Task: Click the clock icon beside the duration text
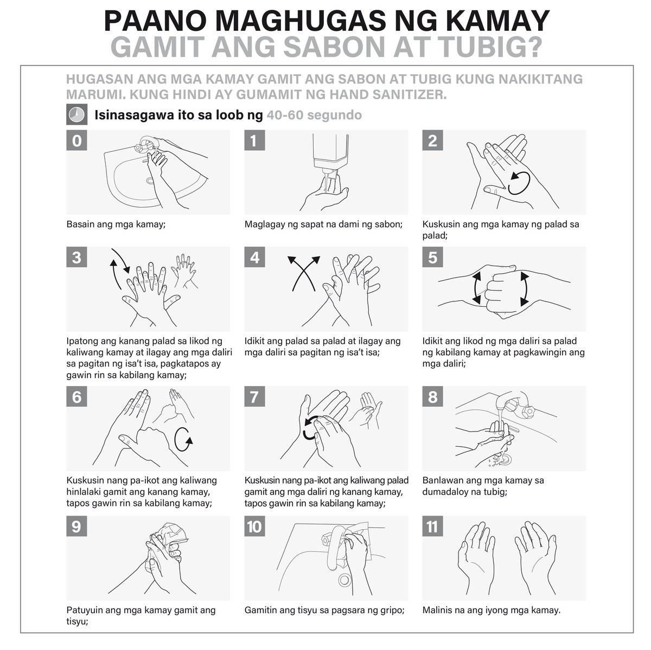(x=76, y=114)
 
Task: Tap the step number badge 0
(x=76, y=140)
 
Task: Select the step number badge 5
(x=432, y=258)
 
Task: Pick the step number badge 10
(x=254, y=526)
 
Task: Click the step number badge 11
(x=432, y=526)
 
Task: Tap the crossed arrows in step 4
(x=304, y=274)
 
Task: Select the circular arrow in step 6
(x=183, y=439)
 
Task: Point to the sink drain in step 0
(x=150, y=181)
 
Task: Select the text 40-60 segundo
(x=314, y=115)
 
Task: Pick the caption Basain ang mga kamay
(x=116, y=224)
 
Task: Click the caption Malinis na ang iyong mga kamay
(x=491, y=610)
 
